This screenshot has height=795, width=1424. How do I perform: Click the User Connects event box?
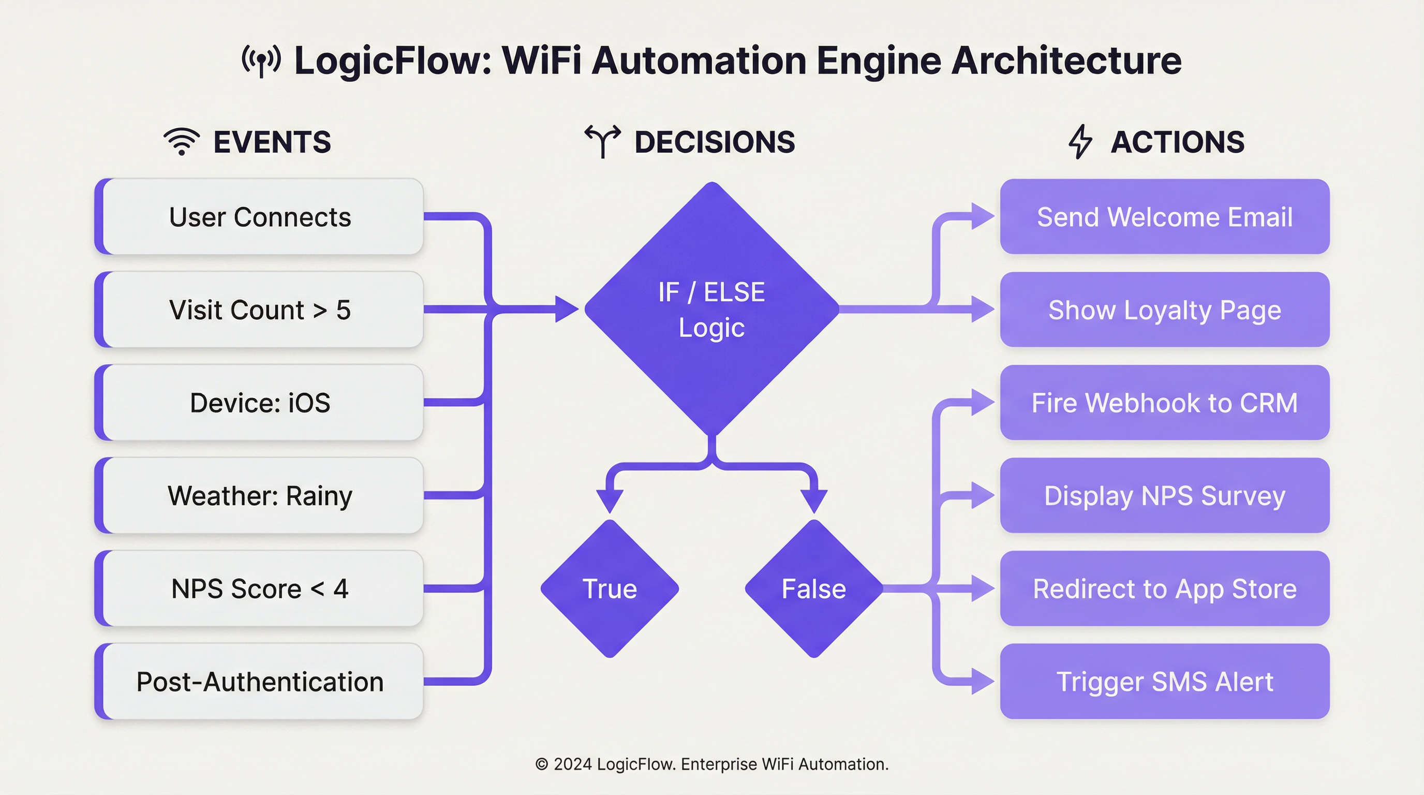tap(259, 217)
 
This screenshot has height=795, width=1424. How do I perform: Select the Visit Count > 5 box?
tap(259, 310)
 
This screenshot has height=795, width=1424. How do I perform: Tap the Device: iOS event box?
tap(259, 403)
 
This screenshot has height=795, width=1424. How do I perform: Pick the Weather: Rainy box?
tap(259, 495)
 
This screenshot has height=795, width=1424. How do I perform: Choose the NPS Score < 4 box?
tap(259, 588)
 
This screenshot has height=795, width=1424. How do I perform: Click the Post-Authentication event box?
tap(259, 681)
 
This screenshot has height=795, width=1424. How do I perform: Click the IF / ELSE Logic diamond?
tap(711, 310)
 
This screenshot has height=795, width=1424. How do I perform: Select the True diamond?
tap(610, 588)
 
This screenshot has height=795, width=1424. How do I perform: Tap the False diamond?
tap(814, 588)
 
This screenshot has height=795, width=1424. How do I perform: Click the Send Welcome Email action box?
tap(1164, 217)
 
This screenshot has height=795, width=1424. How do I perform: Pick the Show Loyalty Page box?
tap(1164, 310)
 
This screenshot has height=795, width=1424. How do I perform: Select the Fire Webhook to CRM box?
tap(1164, 403)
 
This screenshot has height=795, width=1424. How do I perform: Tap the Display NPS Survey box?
tap(1164, 495)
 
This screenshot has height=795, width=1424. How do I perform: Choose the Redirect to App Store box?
tap(1164, 588)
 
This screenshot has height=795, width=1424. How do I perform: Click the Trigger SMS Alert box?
tap(1164, 681)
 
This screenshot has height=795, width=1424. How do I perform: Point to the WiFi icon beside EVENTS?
tap(181, 141)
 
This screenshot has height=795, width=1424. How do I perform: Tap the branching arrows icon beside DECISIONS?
tap(602, 141)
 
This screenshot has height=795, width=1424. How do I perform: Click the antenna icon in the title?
tap(261, 60)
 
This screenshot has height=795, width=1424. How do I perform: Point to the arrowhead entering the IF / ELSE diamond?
tap(567, 309)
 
